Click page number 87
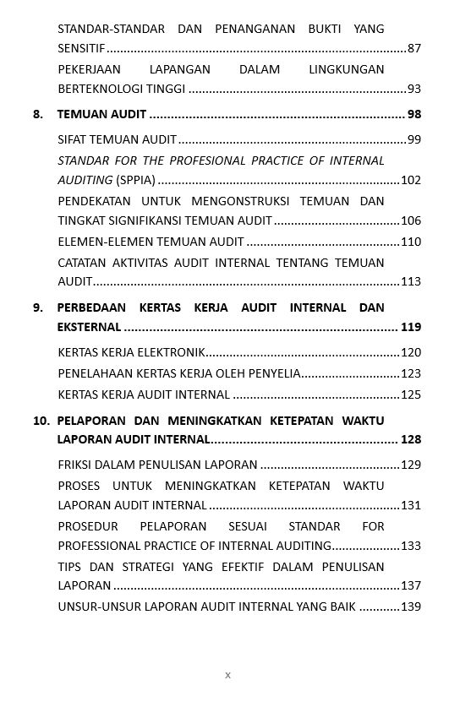pyautogui.click(x=413, y=49)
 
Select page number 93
pyautogui.click(x=413, y=89)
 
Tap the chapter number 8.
pyautogui.click(x=38, y=114)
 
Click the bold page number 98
pyautogui.click(x=413, y=114)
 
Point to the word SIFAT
pyautogui.click(x=72, y=139)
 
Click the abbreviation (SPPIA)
pyautogui.click(x=135, y=180)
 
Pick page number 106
pyautogui.click(x=410, y=220)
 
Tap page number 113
pyautogui.click(x=410, y=281)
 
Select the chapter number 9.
pyautogui.click(x=38, y=307)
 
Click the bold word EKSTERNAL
pyautogui.click(x=89, y=327)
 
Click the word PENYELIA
pyautogui.click(x=275, y=373)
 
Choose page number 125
pyautogui.click(x=410, y=394)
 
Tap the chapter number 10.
pyautogui.click(x=41, y=421)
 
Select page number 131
pyautogui.click(x=410, y=505)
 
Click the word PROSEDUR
pyautogui.click(x=88, y=526)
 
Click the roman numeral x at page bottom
pyautogui.click(x=228, y=675)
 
